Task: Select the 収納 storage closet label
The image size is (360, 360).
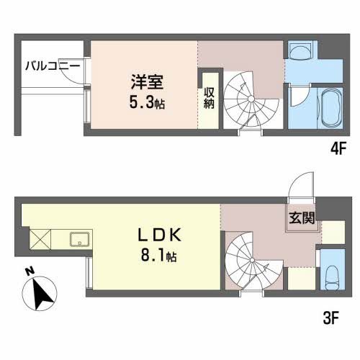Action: coord(209,98)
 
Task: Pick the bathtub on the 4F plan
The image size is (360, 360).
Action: coord(332,109)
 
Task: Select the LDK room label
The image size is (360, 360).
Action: coord(154,235)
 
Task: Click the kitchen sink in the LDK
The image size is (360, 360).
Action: coord(78,238)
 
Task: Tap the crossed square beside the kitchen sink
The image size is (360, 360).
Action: coord(38,238)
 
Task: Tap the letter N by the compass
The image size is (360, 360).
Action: coord(27,272)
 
